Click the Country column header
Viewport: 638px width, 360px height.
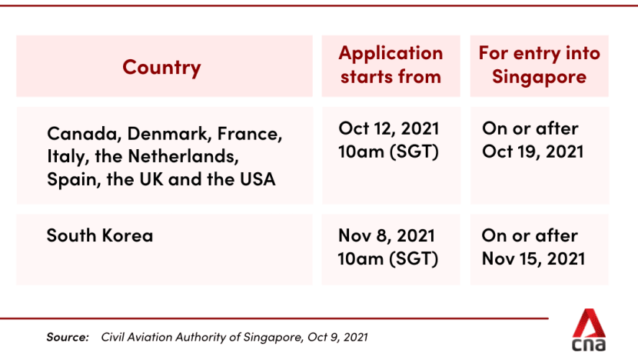[161, 67]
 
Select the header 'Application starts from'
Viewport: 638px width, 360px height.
[390, 65]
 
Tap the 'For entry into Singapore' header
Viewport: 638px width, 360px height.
[539, 65]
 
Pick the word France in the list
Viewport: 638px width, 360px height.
[248, 134]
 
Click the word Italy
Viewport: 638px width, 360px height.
[67, 157]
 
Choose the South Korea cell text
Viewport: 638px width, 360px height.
[100, 235]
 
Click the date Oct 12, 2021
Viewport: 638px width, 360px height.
[389, 128]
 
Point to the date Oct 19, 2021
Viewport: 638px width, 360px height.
[533, 152]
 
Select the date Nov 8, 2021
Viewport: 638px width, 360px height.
[387, 236]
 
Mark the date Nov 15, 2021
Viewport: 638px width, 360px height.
[533, 259]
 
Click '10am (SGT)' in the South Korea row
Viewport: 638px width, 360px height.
[388, 259]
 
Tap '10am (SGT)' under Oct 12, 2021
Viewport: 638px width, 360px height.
[389, 152]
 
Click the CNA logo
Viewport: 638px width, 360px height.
[589, 330]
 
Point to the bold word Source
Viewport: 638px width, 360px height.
[68, 337]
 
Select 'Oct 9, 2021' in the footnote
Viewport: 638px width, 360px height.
[337, 337]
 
